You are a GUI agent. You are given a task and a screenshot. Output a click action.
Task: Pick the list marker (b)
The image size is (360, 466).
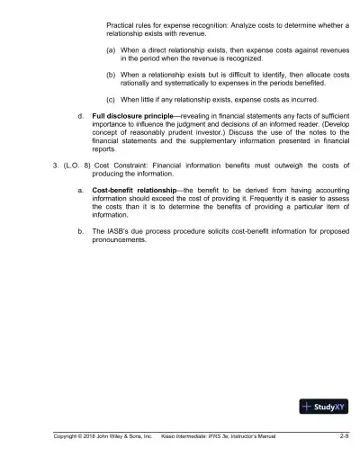click(x=110, y=76)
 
